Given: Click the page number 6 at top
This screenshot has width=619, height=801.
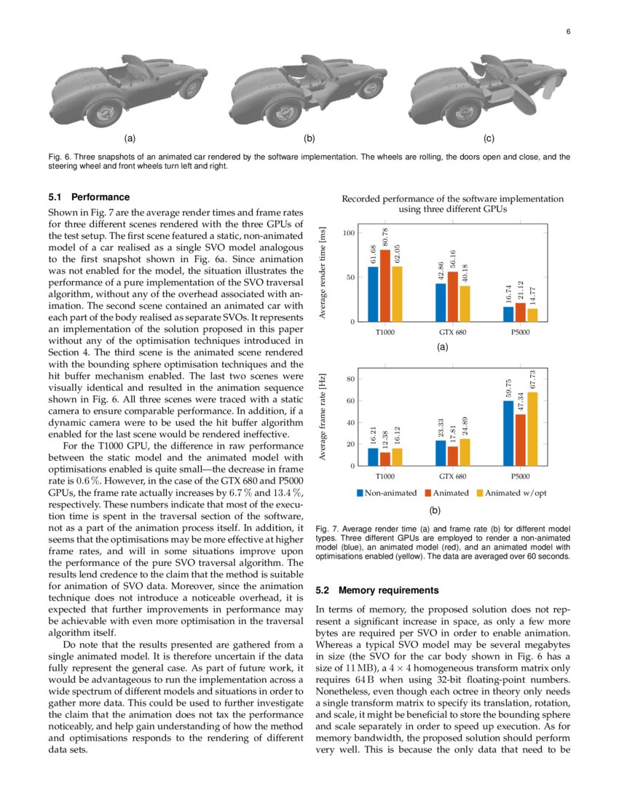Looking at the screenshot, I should pos(567,32).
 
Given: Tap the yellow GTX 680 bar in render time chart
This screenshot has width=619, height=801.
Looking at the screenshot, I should pos(465,304).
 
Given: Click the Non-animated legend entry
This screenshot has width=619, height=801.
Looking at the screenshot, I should pos(387,493).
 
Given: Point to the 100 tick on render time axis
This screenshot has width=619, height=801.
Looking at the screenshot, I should pos(349,233).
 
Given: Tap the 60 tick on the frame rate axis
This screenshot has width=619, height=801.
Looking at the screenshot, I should pos(350,400).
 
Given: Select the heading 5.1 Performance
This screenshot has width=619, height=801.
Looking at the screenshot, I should pos(89,197).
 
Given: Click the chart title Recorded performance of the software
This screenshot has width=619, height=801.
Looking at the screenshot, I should pos(452,198).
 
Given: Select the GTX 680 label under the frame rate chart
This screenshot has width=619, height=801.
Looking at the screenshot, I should pos(453,477).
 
